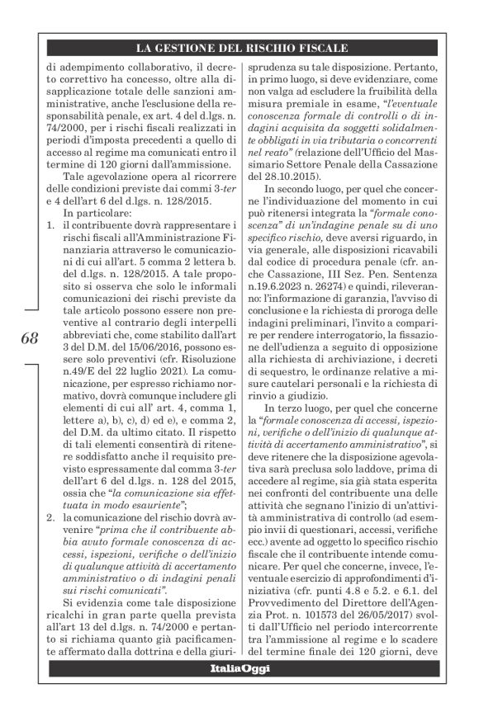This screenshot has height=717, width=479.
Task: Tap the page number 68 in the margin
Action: (26, 341)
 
